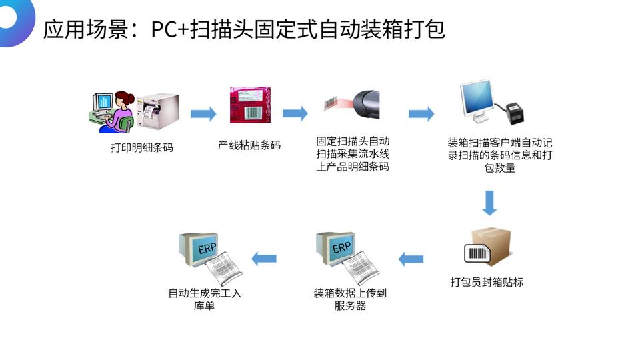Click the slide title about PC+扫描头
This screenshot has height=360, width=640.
click(244, 29)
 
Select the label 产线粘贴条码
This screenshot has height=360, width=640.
click(250, 145)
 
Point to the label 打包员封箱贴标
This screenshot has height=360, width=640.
click(487, 282)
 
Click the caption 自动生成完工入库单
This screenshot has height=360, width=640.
click(204, 299)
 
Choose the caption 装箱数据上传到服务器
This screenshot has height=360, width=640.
click(350, 299)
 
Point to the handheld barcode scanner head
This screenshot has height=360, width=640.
click(370, 104)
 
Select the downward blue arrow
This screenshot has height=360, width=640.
click(490, 203)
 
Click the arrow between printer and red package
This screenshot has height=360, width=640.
click(203, 114)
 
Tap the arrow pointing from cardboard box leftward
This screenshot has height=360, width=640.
click(411, 259)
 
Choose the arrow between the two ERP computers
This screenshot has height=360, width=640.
click(263, 259)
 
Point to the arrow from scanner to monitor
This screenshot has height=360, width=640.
click(421, 114)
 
